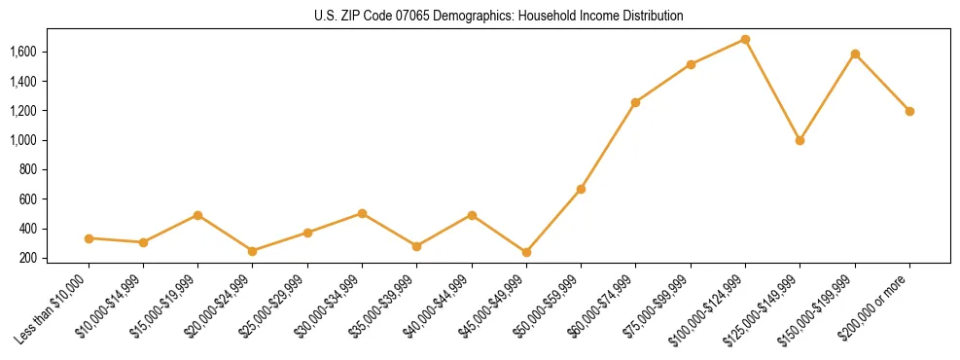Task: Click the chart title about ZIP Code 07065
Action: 499,17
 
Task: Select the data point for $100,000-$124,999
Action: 745,40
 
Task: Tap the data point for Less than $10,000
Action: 89,238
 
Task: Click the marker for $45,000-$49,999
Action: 526,252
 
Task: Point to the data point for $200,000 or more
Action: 909,111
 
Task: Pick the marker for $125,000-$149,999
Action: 800,140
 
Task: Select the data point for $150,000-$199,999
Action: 855,54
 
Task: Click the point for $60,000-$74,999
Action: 635,102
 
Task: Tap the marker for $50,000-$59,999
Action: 581,189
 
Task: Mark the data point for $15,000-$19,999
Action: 197,215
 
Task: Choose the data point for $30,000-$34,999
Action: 362,213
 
